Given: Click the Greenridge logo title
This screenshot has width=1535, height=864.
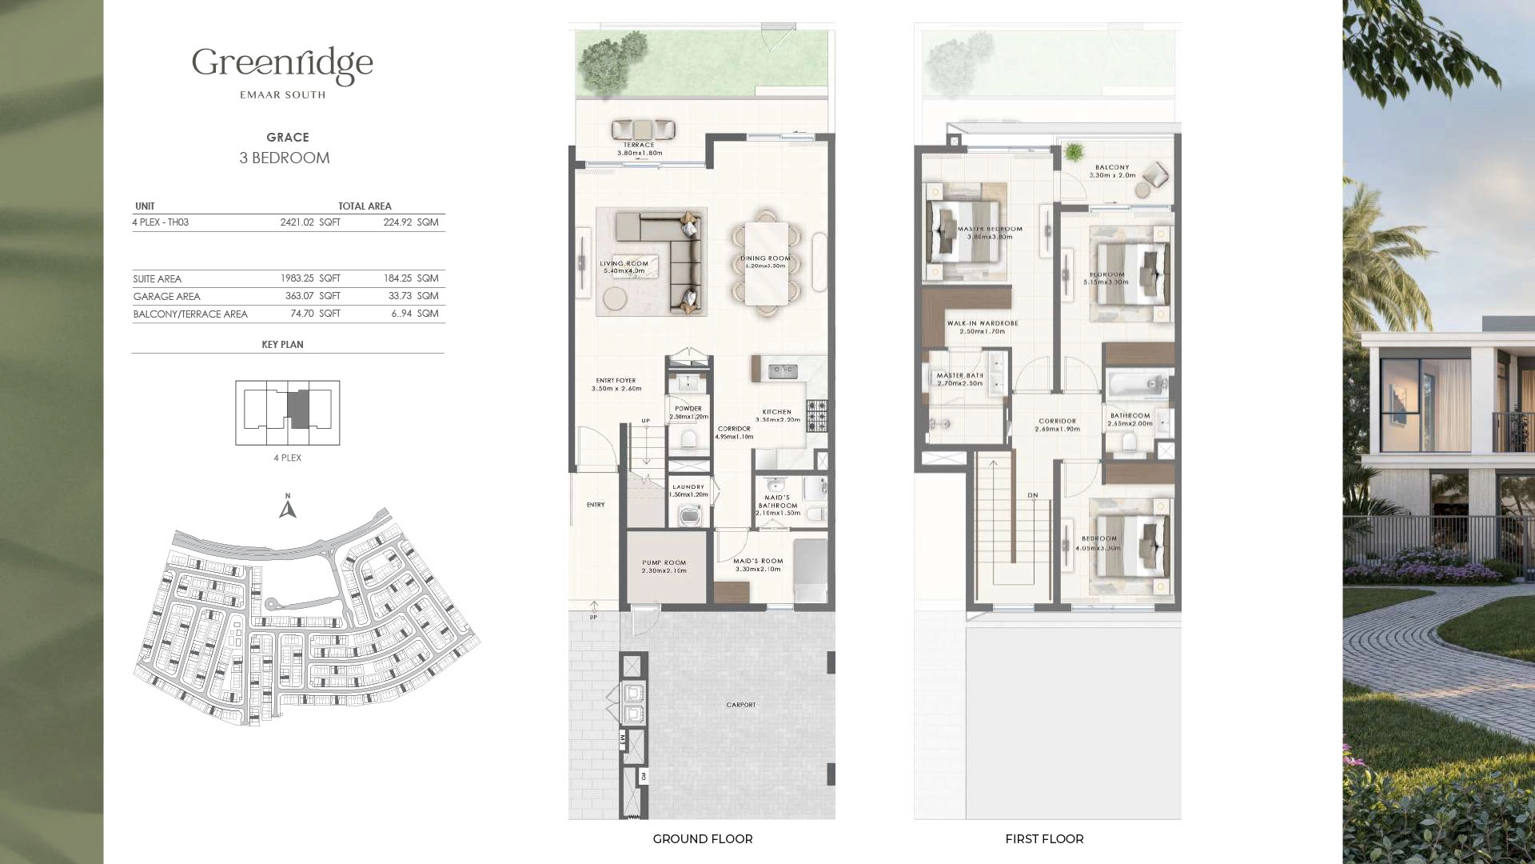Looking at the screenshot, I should [x=282, y=64].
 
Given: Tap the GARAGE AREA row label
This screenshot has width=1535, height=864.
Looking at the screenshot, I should [x=166, y=296].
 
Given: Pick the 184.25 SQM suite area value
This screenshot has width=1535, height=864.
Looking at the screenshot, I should [x=410, y=278].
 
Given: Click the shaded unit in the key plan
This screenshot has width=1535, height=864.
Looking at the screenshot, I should [x=298, y=410].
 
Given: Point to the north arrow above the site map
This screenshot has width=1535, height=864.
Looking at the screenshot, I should [x=288, y=507].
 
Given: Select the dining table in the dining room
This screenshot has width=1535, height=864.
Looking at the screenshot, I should [x=766, y=262].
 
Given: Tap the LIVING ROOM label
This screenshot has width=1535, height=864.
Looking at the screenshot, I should [x=624, y=263].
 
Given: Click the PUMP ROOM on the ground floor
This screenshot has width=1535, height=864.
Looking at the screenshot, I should [x=665, y=566].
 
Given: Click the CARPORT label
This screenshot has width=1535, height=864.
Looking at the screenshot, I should [x=740, y=705].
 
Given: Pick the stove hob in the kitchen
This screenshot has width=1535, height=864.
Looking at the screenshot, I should [x=816, y=415].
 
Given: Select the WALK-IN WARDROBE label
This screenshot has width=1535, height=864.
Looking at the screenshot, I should [x=982, y=323].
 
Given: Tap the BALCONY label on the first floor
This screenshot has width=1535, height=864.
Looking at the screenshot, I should [x=1112, y=168].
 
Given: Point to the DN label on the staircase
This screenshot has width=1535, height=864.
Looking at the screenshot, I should [x=1032, y=495].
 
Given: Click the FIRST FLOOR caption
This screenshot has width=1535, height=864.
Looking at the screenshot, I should [x=1044, y=839].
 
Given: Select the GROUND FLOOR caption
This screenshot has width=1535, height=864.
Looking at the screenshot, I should [x=702, y=839].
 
